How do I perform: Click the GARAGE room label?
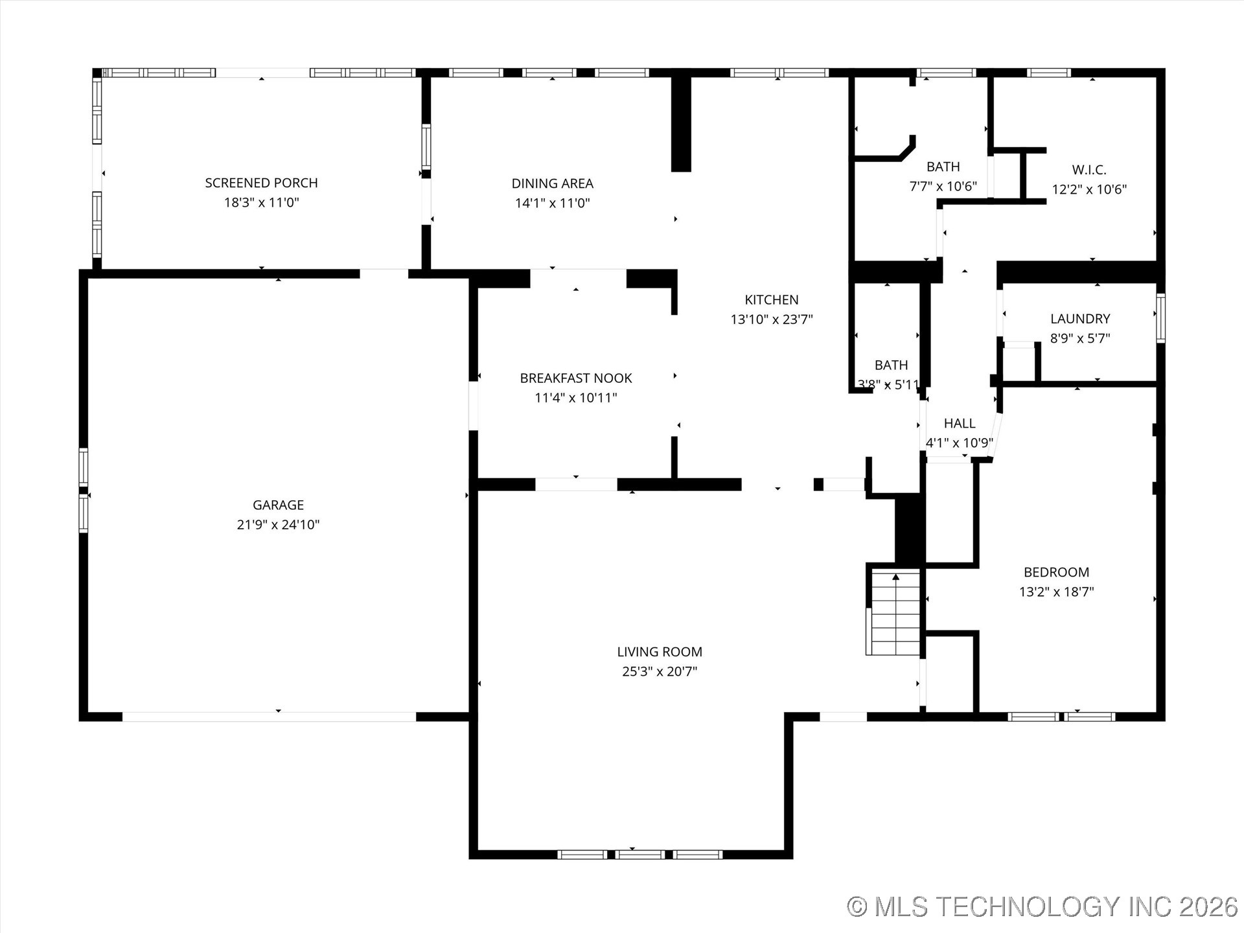(278, 505)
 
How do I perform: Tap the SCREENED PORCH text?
(261, 183)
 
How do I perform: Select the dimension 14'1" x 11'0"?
(552, 203)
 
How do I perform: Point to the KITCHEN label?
(771, 299)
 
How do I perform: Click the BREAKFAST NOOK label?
(575, 378)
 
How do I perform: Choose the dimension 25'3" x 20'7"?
(659, 671)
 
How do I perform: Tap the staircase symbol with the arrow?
(895, 612)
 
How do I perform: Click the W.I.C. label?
(1088, 170)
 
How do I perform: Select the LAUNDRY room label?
(1079, 319)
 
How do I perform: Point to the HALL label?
(959, 423)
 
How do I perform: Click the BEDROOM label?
(1056, 572)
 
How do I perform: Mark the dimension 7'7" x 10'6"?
(943, 187)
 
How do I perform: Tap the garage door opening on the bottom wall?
(269, 717)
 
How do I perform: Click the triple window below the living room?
(639, 855)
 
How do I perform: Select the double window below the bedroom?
(1061, 717)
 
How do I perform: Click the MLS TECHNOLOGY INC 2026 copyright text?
(1042, 906)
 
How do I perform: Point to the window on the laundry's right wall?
(1160, 318)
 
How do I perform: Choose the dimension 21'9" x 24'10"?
(278, 525)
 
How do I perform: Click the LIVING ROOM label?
(659, 652)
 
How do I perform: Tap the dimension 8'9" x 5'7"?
(1079, 338)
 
